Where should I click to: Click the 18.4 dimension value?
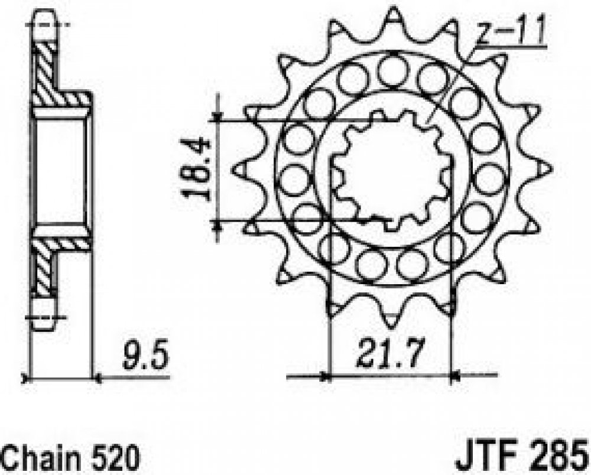click(x=195, y=168)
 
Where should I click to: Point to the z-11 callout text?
click(x=509, y=32)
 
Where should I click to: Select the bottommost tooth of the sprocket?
click(x=392, y=320)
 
